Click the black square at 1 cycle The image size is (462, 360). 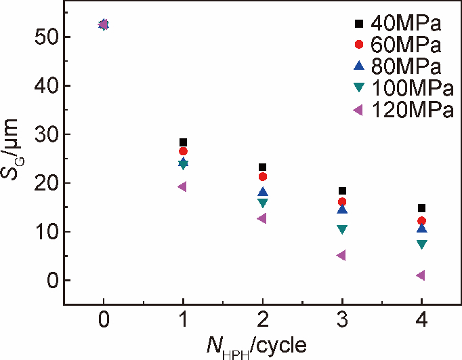tap(183, 142)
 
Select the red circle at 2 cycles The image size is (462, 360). tap(262, 177)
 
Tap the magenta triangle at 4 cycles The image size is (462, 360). tap(421, 275)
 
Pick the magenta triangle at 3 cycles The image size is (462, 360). tap(341, 256)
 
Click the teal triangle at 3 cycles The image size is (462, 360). tap(342, 230)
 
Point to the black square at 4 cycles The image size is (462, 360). tap(421, 208)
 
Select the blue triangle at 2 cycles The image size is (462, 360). tap(262, 193)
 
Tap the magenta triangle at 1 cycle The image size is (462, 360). tap(182, 186)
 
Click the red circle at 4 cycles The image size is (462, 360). tap(421, 221)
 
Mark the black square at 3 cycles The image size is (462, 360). tap(342, 191)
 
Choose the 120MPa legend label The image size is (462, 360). tap(412, 109)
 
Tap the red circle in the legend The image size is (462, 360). tap(360, 45)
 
